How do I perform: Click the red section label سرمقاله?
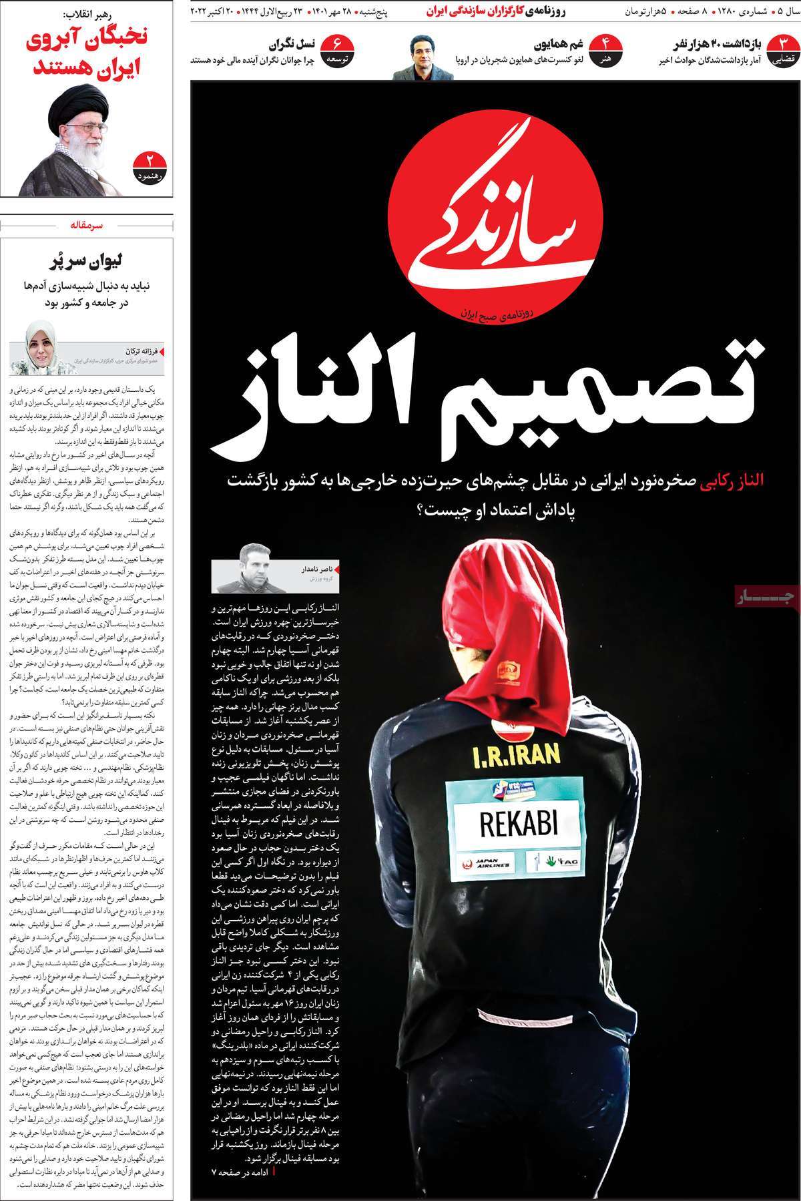tap(86, 226)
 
